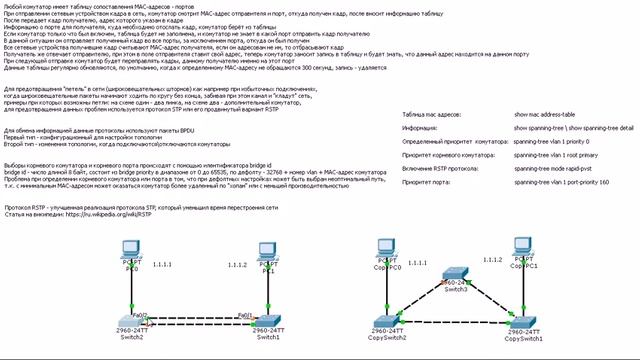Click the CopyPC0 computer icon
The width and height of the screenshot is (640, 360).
tap(384, 249)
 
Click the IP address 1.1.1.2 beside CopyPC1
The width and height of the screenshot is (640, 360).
tap(492, 258)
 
